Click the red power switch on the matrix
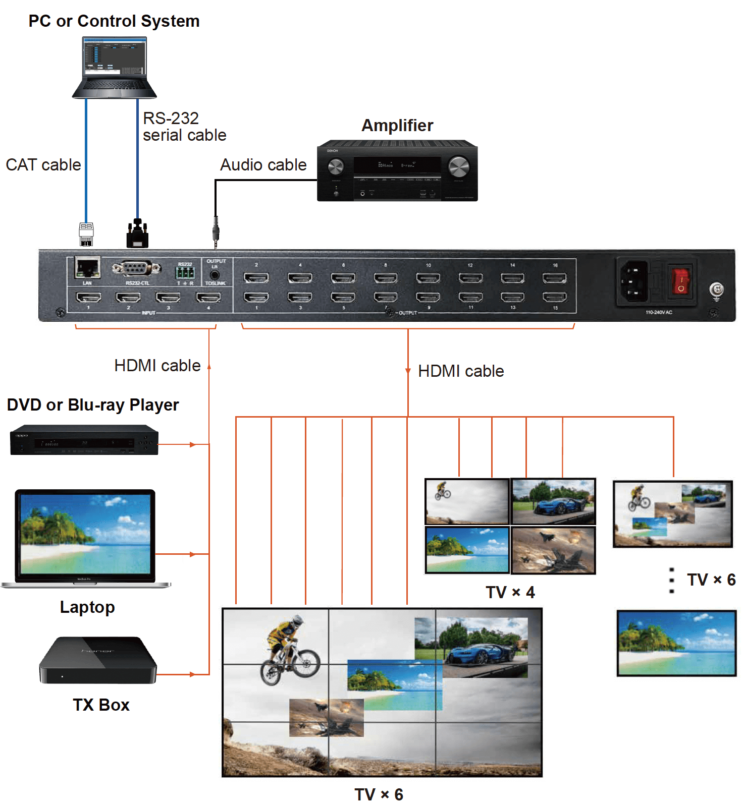(x=680, y=281)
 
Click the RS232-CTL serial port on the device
(x=136, y=268)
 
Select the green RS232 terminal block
(x=185, y=273)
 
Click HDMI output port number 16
(x=554, y=278)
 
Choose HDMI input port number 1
(x=88, y=297)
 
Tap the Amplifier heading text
(x=397, y=126)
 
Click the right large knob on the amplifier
(x=458, y=166)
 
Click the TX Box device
(x=98, y=660)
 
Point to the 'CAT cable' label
(x=43, y=165)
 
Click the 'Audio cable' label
(x=263, y=165)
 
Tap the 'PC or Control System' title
(x=114, y=21)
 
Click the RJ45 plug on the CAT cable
(x=86, y=234)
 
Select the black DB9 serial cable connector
(x=137, y=234)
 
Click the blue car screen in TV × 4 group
(x=553, y=501)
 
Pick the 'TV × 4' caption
(x=510, y=592)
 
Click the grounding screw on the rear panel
(x=716, y=290)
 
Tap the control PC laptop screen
(x=115, y=57)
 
